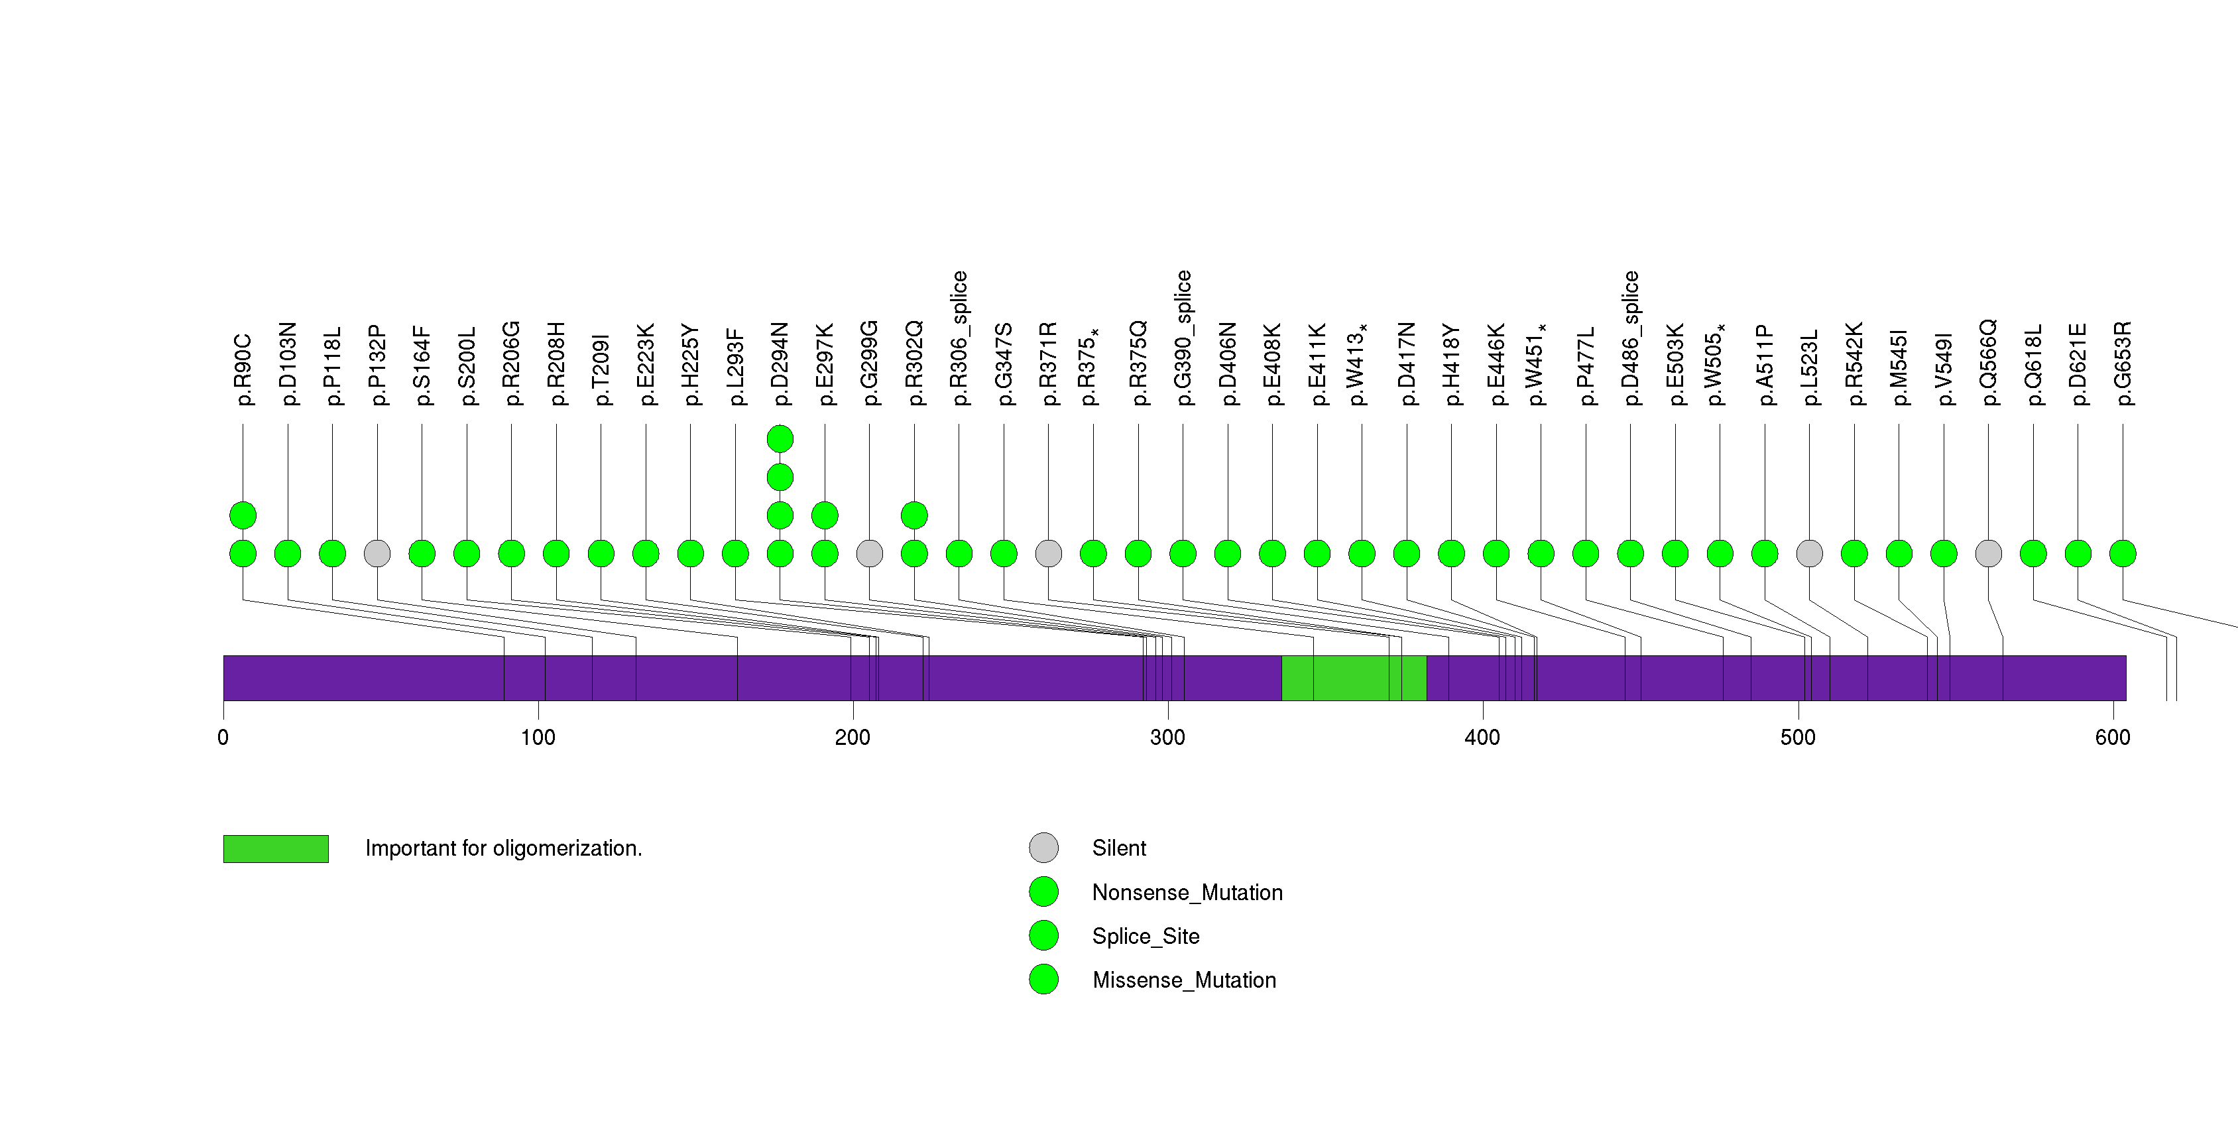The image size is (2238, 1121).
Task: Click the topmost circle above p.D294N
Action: coord(780,439)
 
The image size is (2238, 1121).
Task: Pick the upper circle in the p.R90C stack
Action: coord(243,515)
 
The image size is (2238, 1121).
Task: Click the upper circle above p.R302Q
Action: coord(914,515)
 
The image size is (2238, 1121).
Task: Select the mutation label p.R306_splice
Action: coord(959,338)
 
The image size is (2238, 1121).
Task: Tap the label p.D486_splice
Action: coord(1630,338)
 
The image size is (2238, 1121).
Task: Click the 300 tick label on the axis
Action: coord(1167,738)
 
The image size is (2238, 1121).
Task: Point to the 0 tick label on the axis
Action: coord(223,738)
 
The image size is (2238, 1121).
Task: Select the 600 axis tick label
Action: coord(2112,738)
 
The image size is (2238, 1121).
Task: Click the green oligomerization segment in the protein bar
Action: coord(1353,678)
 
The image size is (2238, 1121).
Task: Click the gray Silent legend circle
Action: coord(1043,847)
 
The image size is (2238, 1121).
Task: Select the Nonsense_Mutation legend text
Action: coord(1187,892)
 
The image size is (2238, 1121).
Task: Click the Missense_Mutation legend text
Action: coord(1183,980)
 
